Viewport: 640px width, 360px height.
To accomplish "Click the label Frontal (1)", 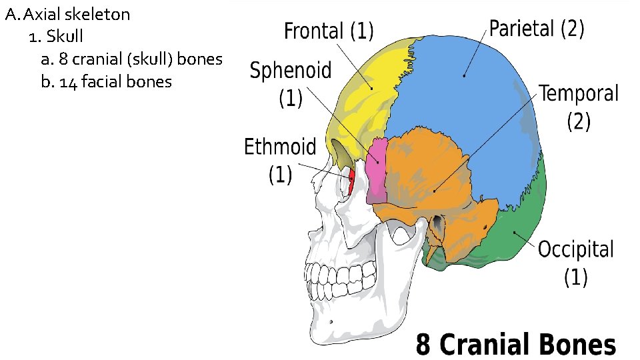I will coord(329,31).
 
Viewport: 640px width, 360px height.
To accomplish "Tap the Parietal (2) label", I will coord(537,29).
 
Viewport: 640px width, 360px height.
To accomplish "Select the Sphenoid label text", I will coord(291,71).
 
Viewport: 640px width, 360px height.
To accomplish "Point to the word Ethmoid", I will coord(279,146).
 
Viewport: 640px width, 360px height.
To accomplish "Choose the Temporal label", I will coord(579,94).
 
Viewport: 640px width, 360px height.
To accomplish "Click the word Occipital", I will coord(575,250).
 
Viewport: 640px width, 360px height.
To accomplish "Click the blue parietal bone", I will coord(467,100).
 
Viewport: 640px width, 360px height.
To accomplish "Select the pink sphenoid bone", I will coord(377,170).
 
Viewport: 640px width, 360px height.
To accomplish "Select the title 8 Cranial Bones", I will coord(516,345).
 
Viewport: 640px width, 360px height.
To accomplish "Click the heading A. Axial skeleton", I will coord(67,14).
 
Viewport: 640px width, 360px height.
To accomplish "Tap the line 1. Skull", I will coord(56,36).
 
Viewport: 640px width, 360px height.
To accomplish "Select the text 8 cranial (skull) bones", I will coord(131,59).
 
